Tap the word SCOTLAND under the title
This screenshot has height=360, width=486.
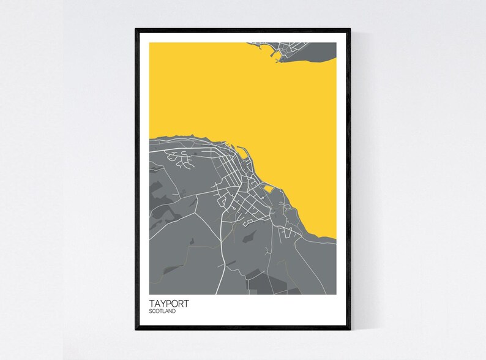click(162, 311)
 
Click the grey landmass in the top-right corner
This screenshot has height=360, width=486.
click(312, 49)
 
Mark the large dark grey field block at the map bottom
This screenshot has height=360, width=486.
click(269, 282)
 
